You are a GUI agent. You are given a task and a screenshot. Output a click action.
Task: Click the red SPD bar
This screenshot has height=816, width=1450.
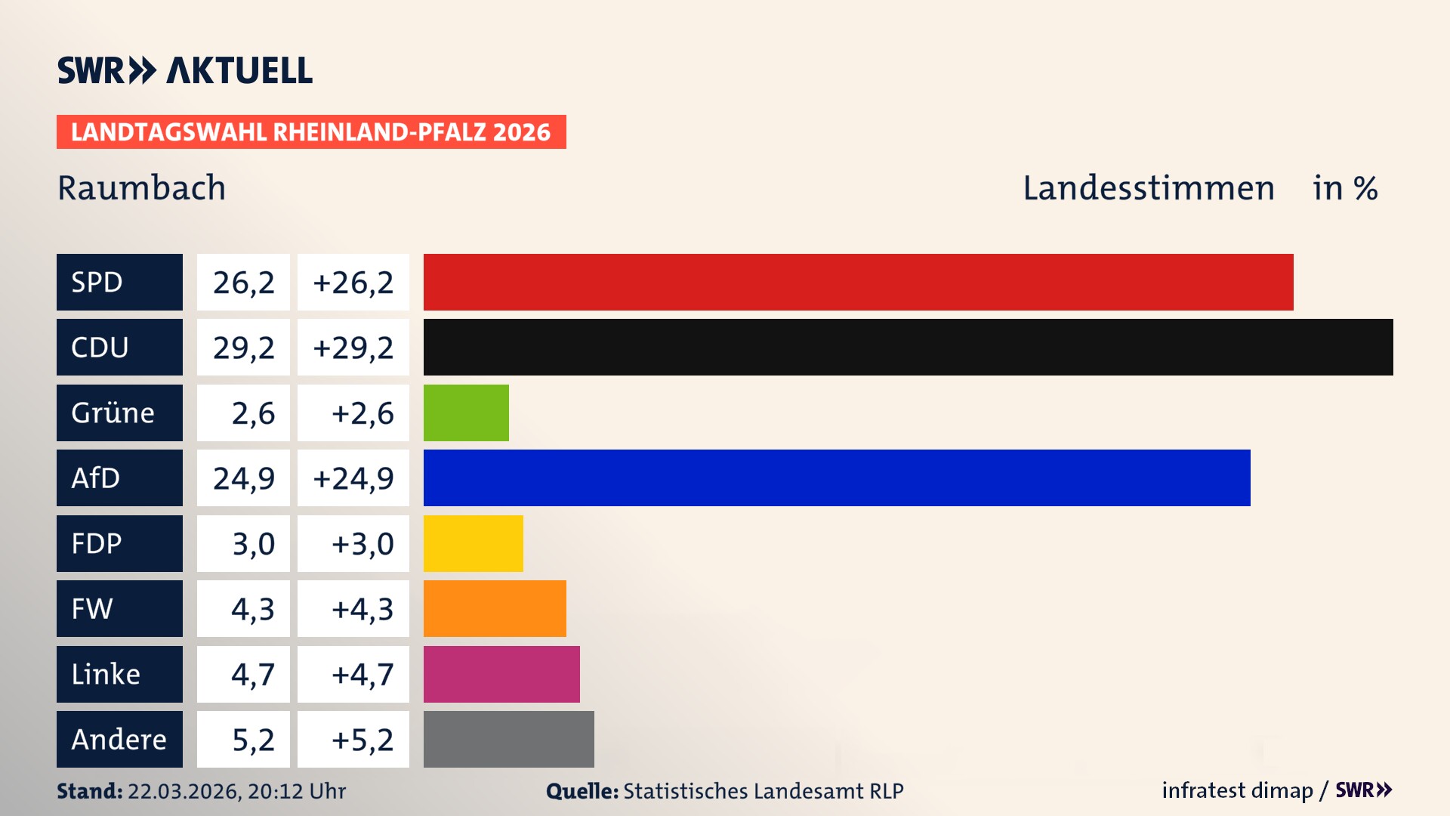pos(858,282)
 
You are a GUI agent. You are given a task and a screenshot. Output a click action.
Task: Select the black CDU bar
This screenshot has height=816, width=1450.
pos(908,347)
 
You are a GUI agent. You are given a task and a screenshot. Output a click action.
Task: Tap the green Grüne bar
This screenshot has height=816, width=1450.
pos(466,413)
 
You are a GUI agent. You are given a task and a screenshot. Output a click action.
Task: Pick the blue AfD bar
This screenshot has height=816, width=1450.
pos(837,478)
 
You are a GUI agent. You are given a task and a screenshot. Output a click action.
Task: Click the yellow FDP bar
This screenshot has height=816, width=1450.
pos(473,543)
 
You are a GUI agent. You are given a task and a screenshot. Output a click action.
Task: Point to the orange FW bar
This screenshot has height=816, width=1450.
pos(495,608)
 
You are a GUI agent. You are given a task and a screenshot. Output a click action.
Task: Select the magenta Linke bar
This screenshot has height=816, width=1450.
pos(501,674)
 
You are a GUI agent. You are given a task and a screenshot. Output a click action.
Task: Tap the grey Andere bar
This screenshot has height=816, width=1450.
pos(508,739)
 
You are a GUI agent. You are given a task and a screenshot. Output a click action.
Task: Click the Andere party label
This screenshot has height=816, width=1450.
pos(119,739)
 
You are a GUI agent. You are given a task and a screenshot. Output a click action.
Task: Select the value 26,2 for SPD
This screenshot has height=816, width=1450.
pos(243,282)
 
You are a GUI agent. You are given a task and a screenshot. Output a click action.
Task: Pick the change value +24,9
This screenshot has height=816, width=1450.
pos(353,478)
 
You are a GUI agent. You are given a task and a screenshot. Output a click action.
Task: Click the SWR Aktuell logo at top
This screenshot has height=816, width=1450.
pos(185,70)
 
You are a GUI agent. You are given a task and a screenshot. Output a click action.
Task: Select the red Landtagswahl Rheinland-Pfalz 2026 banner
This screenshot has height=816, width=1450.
pos(311,131)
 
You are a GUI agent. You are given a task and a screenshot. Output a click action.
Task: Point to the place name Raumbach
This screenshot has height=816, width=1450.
pos(141,187)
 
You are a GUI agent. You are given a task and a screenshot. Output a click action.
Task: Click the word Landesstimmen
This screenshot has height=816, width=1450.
pos(1148,187)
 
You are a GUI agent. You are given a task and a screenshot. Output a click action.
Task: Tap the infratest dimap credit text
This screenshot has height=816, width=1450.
pos(1236,790)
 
